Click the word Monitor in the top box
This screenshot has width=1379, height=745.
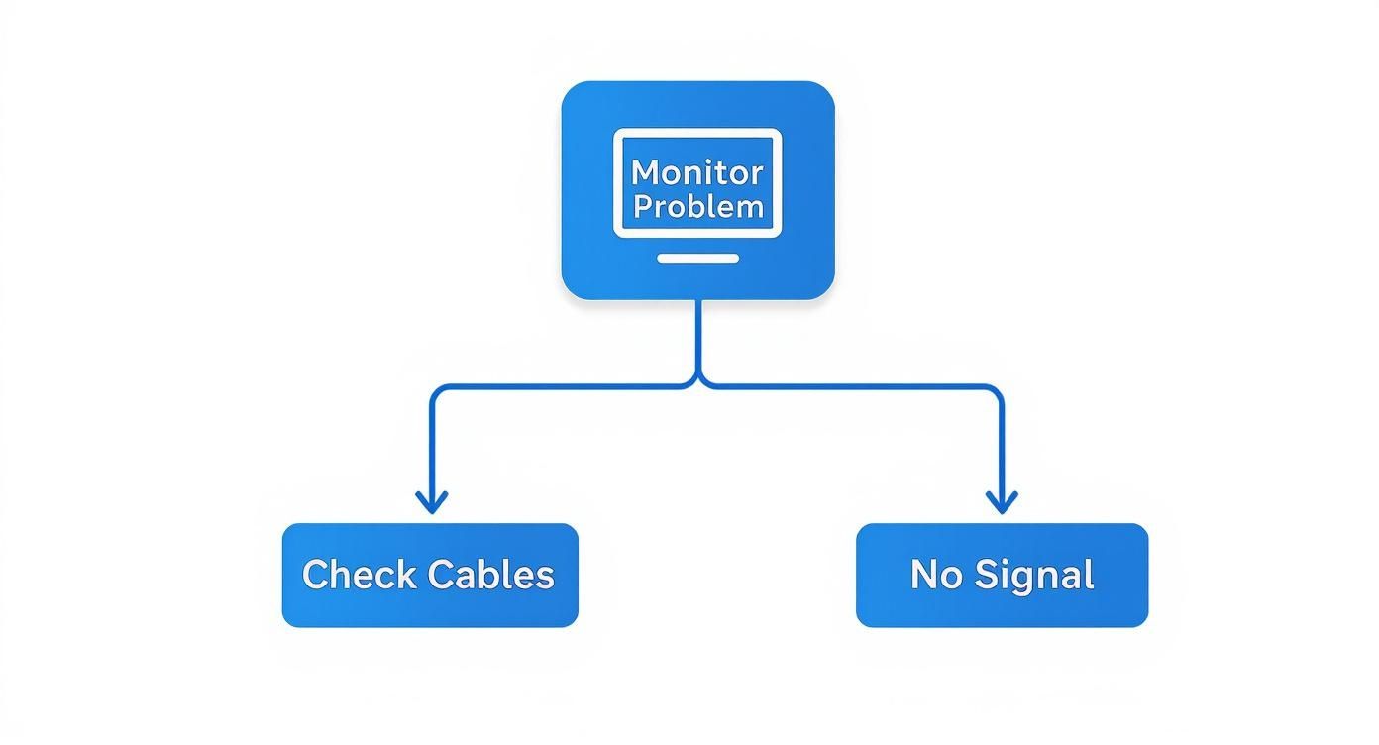click(697, 172)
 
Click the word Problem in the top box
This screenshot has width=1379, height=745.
click(698, 206)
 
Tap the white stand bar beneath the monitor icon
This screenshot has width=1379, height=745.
click(698, 258)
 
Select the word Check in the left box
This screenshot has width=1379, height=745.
click(358, 575)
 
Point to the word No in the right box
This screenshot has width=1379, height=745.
click(934, 575)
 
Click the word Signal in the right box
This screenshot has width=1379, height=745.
click(1033, 575)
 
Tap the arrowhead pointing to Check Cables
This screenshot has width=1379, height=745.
click(431, 503)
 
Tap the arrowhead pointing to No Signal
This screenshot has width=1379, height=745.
click(1002, 503)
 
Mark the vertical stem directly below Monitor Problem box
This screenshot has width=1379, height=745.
click(699, 337)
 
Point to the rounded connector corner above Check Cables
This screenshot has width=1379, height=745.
click(435, 392)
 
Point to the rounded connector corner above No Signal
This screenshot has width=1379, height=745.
click(997, 392)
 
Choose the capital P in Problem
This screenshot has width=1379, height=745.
click(643, 206)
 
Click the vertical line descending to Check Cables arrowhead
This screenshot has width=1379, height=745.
click(431, 446)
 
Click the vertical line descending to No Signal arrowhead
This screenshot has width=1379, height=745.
click(1002, 446)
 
